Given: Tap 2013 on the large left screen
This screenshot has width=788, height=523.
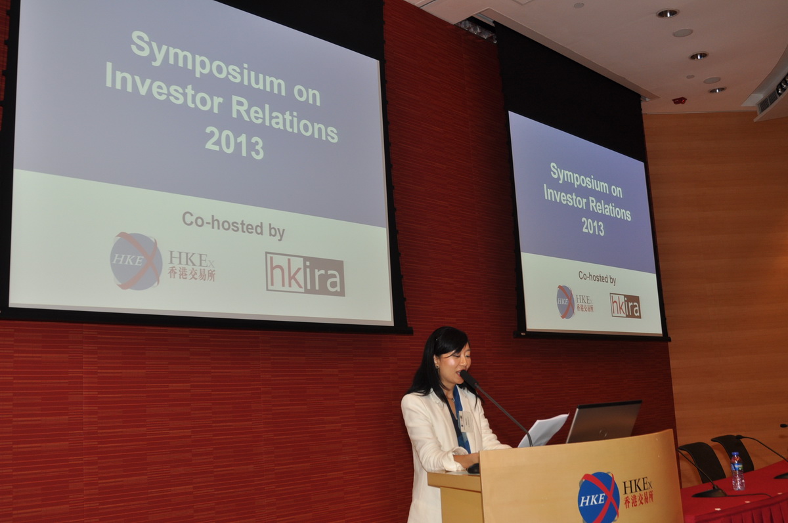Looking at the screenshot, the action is (x=234, y=143).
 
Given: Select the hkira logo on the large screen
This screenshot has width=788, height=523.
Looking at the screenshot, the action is (x=305, y=274).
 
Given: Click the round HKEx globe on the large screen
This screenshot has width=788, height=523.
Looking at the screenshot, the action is (x=136, y=261).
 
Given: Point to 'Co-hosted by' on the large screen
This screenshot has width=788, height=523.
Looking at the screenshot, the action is (x=234, y=225).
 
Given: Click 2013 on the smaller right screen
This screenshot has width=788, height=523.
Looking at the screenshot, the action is (x=593, y=226).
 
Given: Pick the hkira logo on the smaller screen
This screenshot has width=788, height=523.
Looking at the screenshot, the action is (x=625, y=306).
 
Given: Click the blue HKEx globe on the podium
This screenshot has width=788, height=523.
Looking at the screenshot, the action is (x=598, y=497).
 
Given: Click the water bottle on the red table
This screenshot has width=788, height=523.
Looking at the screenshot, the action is (x=737, y=471).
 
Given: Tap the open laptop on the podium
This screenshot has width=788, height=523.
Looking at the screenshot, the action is (x=603, y=422).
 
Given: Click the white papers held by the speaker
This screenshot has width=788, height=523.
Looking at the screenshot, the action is (x=544, y=430).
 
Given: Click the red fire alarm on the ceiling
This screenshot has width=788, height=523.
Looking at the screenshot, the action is (x=679, y=100).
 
